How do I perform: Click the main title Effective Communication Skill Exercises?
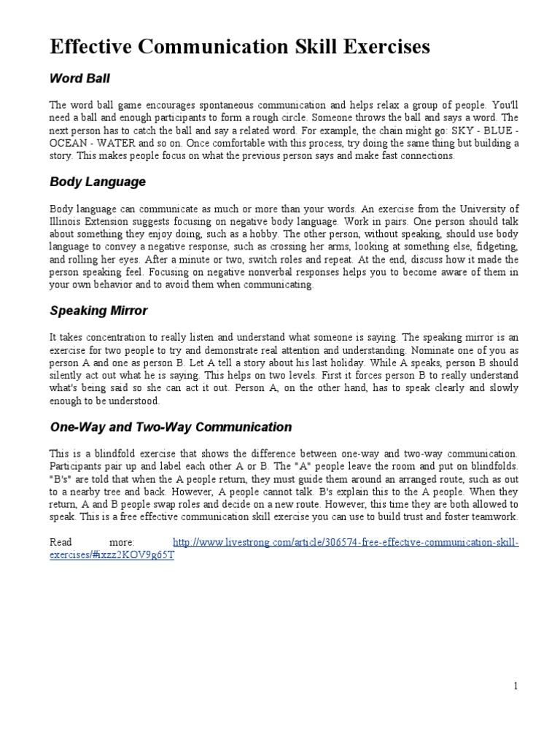[x=240, y=48]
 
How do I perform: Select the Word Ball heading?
[x=79, y=77]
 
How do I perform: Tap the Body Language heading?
[x=98, y=182]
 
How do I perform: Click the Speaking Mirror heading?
[x=98, y=311]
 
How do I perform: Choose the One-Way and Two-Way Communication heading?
[x=171, y=427]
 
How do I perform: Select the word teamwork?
[x=494, y=516]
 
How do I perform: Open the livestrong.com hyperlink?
[x=346, y=542]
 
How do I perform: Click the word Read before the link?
[x=62, y=542]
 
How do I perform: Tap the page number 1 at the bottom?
[x=516, y=685]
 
